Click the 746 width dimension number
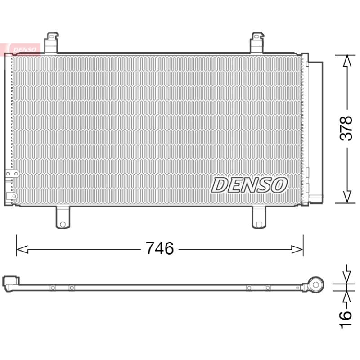160,248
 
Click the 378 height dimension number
346,128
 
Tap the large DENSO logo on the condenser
249,185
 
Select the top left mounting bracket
51,43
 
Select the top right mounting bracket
257,43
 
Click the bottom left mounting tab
63,217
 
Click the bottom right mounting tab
259,217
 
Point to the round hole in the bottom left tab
63,224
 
